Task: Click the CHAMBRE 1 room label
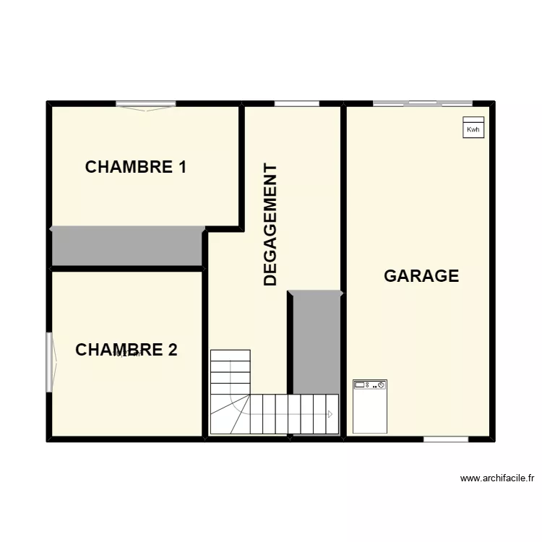coord(136,167)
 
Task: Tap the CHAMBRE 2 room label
coord(126,350)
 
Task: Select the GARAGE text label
coord(421,275)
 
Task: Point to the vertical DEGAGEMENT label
coord(271,225)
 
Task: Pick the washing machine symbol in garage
coord(370,406)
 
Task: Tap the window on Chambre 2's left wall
coord(50,361)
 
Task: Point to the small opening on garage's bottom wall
coord(445,439)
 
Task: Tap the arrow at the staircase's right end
coord(330,414)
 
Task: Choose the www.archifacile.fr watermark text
coord(496,478)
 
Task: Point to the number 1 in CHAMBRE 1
coord(182,167)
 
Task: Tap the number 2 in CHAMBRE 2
coord(171,350)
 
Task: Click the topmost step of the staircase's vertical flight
coord(230,355)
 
